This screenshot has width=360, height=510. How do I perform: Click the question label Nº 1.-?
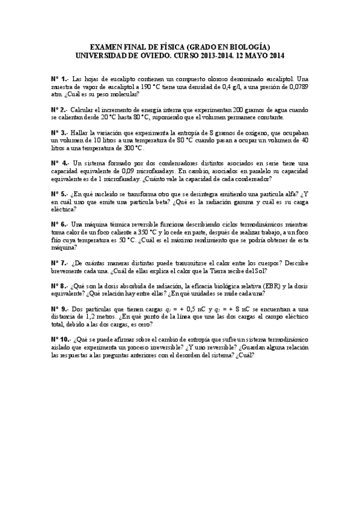pyautogui.click(x=59, y=79)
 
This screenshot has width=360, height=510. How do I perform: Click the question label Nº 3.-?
pyautogui.click(x=59, y=132)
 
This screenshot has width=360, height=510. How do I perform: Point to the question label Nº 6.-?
pyautogui.click(x=59, y=224)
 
